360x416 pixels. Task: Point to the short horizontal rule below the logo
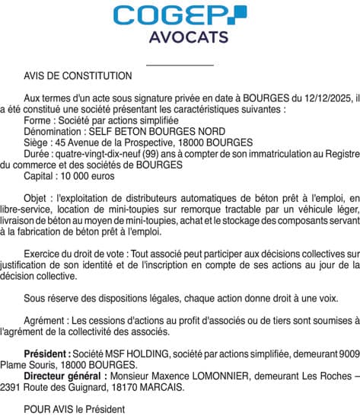pyautogui.click(x=179, y=66)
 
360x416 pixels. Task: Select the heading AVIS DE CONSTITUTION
pyautogui.click(x=78, y=76)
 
